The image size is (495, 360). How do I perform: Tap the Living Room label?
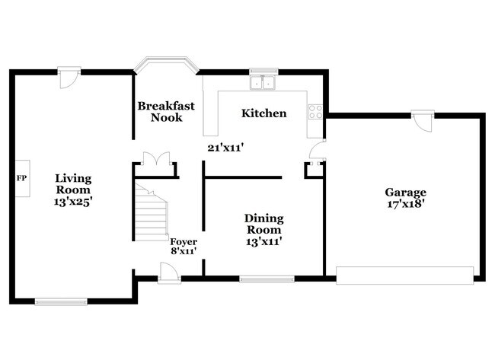73,184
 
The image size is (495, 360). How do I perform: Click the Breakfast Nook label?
160,112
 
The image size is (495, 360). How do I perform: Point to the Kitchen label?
263,113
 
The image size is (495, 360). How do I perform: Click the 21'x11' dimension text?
225,148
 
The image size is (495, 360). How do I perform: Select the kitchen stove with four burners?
315,113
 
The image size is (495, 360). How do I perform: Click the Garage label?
405,193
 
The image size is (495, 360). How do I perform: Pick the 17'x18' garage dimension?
405,204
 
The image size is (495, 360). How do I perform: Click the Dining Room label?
263,224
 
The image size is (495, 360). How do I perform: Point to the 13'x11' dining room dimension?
263,241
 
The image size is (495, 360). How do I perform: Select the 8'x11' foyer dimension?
184,250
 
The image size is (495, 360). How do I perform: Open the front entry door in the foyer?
169,272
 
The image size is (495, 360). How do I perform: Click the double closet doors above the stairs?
155,160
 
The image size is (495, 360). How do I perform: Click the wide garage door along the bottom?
405,274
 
